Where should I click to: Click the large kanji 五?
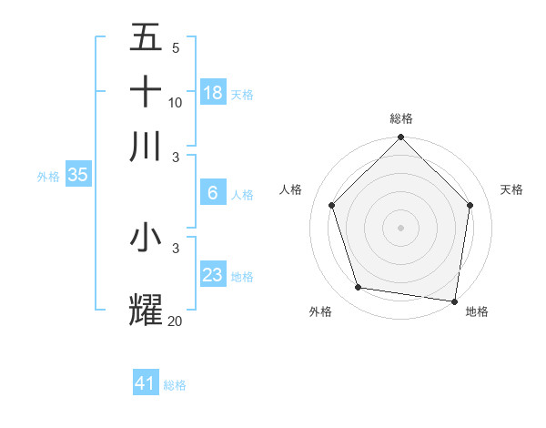coord(146,38)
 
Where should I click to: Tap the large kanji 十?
coord(146,92)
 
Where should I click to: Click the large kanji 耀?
coord(146,309)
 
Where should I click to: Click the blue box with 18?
coord(213,92)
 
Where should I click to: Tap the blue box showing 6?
coord(213,193)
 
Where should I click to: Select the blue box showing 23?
coord(213,274)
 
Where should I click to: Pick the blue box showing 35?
coord(77,175)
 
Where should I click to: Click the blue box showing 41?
coord(146,383)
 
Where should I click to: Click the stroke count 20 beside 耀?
coord(176,321)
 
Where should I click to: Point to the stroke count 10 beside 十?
coord(176,103)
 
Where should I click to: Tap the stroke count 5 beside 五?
coord(176,48)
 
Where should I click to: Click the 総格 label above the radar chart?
coord(401,118)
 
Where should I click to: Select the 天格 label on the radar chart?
coord(511,189)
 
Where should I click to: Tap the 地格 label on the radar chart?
coord(477,311)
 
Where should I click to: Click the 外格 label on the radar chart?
coord(320,311)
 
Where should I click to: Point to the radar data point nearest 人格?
coord(332,205)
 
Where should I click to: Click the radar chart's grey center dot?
coord(400,227)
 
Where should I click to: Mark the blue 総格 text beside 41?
coord(175,385)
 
